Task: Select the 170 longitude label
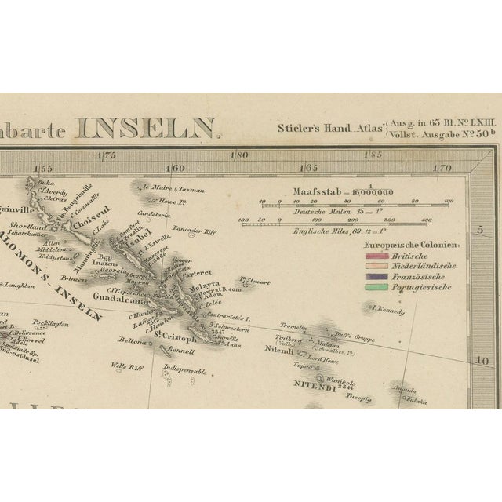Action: (x=443, y=167)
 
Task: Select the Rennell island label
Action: (x=180, y=351)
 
